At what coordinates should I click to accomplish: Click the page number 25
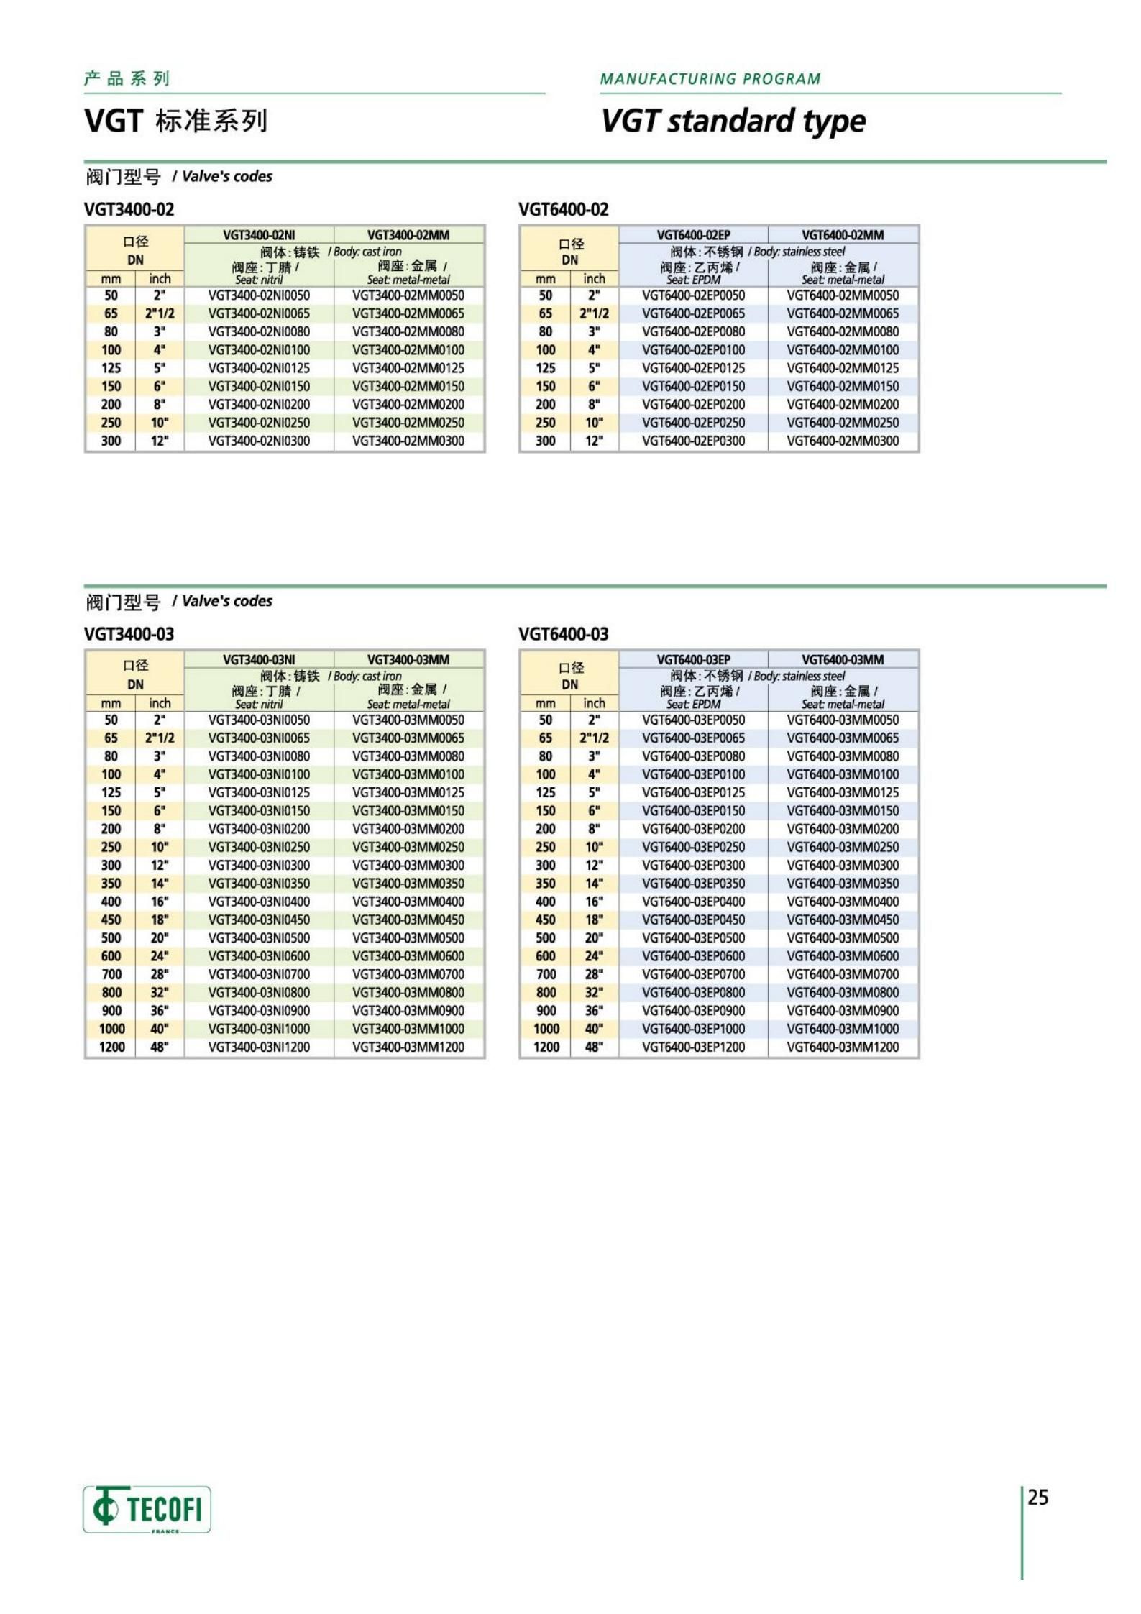point(1037,1498)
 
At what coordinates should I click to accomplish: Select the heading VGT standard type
point(733,121)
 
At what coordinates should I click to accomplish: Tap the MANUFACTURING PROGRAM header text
point(710,79)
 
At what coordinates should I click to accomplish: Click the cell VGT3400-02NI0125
point(259,368)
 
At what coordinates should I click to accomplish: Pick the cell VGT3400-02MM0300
point(408,441)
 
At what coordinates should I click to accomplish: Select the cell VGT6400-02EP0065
point(693,313)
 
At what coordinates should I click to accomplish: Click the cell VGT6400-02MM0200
point(843,404)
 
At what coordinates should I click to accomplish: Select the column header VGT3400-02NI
point(259,235)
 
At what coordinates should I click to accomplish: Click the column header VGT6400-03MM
point(843,659)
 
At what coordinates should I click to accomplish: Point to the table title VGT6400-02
point(563,210)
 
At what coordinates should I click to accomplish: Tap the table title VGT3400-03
point(129,634)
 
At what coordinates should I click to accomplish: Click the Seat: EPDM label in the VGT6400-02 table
point(693,280)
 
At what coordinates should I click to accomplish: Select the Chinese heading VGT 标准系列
point(175,121)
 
